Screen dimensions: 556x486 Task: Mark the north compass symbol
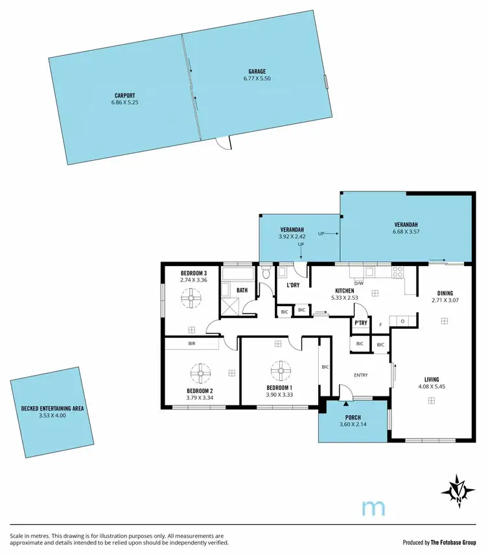[459, 490]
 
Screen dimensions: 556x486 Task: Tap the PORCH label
[353, 417]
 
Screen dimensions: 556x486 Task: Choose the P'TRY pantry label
[361, 322]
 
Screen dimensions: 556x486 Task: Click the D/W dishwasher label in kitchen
[359, 283]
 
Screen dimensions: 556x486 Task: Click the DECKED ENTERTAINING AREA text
[53, 409]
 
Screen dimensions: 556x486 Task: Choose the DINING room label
[444, 293]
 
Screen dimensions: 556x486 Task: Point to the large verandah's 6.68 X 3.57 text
[406, 231]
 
